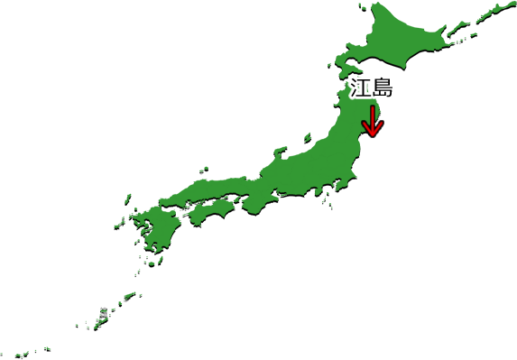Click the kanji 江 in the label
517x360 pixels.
(x=361, y=88)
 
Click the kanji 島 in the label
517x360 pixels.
(x=383, y=88)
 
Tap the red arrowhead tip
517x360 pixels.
(x=372, y=137)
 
